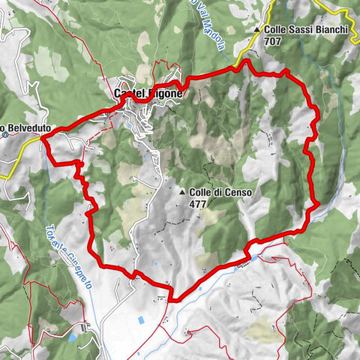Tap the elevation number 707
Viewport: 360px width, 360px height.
[x=274, y=43]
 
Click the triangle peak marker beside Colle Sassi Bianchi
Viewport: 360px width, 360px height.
[x=257, y=30]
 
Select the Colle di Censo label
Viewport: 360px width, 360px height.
[x=220, y=193]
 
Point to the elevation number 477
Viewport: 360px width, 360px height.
[x=198, y=203]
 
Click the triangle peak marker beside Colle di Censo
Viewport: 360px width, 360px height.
[x=182, y=193]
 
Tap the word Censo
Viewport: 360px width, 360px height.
[x=238, y=193]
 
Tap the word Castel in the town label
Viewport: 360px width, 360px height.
[x=129, y=94]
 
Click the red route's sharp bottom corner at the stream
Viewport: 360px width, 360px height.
[x=173, y=298]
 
